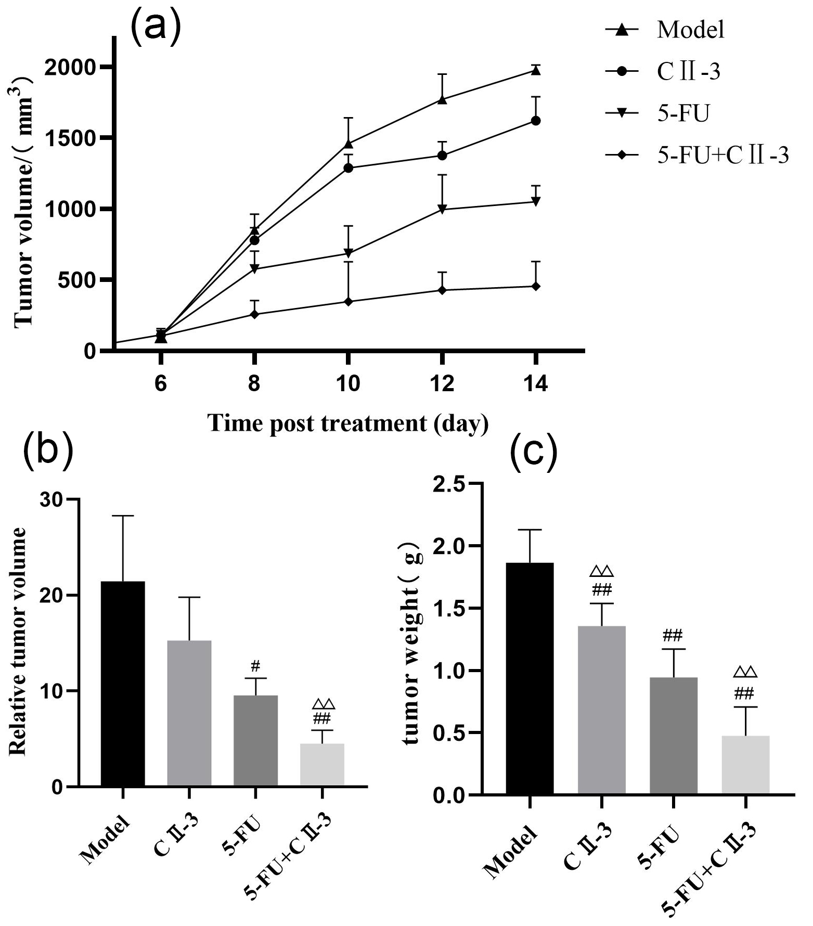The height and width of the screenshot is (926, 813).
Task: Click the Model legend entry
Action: pos(690,30)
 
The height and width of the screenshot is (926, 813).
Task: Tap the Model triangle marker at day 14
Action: pos(535,70)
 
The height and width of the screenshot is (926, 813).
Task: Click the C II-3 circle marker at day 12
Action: pos(442,156)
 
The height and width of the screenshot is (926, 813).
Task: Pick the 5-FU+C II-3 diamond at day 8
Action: pos(254,314)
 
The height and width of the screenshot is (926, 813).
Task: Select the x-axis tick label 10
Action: pos(347,383)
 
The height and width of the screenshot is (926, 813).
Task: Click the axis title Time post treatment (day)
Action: pos(347,423)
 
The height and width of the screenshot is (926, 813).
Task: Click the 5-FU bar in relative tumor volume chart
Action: pos(255,740)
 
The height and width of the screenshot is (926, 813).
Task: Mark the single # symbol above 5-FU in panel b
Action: pos(255,665)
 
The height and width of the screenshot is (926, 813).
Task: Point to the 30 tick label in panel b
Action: pos(52,499)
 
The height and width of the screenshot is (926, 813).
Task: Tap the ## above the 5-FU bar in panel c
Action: pos(673,635)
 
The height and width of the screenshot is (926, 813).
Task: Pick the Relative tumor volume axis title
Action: pos(19,641)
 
